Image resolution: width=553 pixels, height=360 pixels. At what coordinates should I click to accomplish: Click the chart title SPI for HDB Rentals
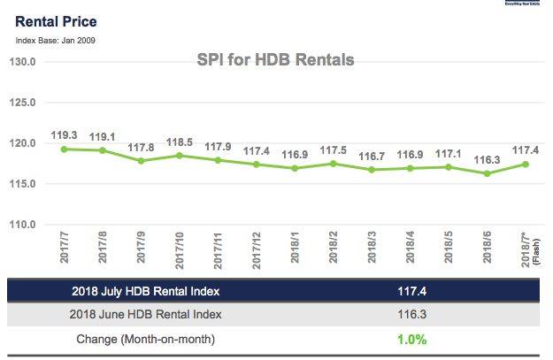[x=274, y=60]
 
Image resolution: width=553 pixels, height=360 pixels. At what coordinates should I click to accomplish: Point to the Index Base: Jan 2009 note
[x=55, y=40]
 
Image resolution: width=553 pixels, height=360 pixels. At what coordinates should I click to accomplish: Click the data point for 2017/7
[x=64, y=149]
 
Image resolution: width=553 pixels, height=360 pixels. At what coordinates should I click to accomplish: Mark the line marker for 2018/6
[x=487, y=173]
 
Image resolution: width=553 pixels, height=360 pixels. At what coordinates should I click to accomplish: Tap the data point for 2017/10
[x=179, y=156]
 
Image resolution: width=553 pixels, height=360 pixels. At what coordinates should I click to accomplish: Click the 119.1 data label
[x=102, y=137]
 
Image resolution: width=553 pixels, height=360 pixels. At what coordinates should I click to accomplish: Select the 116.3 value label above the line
[x=487, y=159]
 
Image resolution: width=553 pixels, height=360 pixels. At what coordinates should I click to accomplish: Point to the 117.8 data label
[x=141, y=148]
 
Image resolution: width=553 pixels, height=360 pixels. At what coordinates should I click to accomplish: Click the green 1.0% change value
[x=411, y=340]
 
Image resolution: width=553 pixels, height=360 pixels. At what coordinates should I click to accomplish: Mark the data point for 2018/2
[x=333, y=164]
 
